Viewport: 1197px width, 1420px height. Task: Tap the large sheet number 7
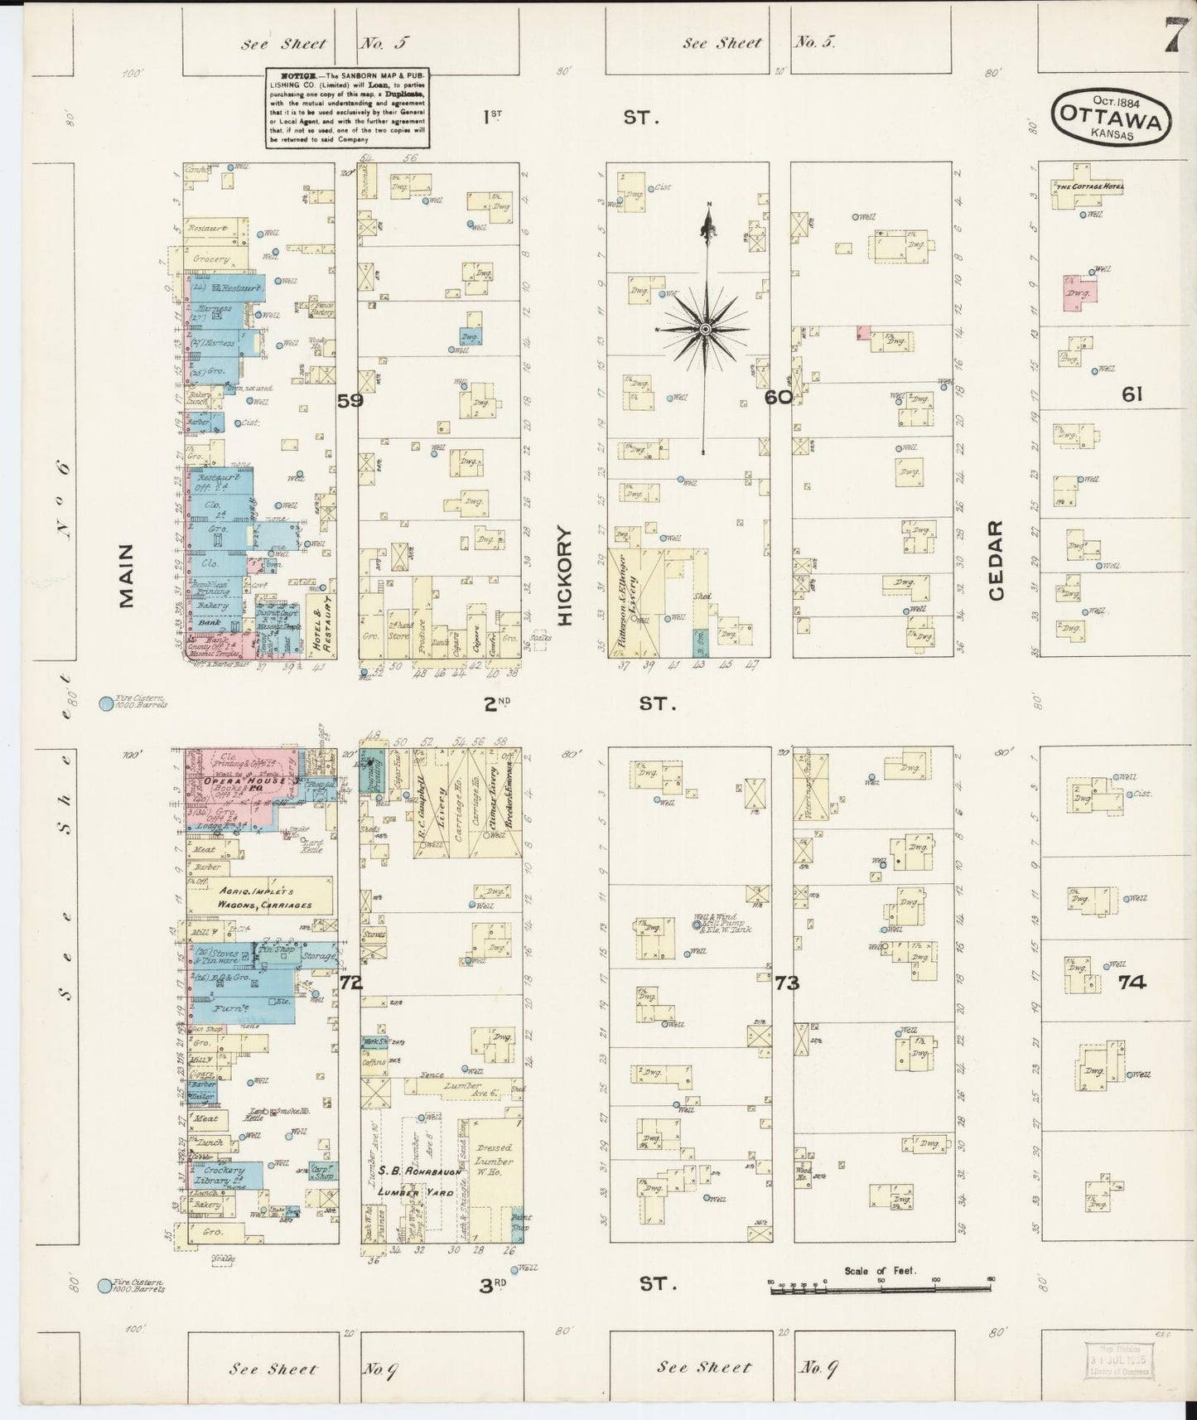tap(1173, 36)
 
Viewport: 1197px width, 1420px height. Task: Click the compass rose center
tap(705, 330)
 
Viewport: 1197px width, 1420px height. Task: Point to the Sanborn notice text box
tap(347, 108)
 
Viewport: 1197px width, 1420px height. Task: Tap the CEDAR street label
tap(997, 560)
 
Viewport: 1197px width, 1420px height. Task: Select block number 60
tap(779, 398)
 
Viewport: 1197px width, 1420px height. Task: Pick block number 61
tap(1132, 395)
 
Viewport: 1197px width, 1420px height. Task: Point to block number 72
tap(351, 983)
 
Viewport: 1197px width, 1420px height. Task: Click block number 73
tap(787, 983)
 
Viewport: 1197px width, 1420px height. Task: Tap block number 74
tap(1132, 983)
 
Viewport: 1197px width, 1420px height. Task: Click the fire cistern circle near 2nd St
tap(106, 704)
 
